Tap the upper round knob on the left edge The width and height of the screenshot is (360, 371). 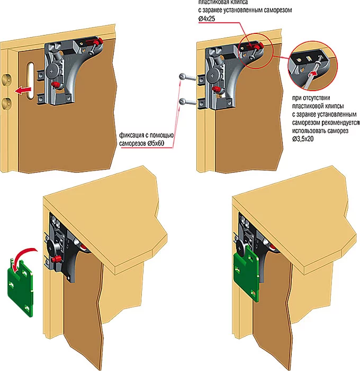point(6,81)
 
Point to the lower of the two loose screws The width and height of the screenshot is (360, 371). point(186,100)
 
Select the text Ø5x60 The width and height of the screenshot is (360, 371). point(163,144)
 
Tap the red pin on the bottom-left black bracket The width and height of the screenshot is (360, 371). point(56,259)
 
